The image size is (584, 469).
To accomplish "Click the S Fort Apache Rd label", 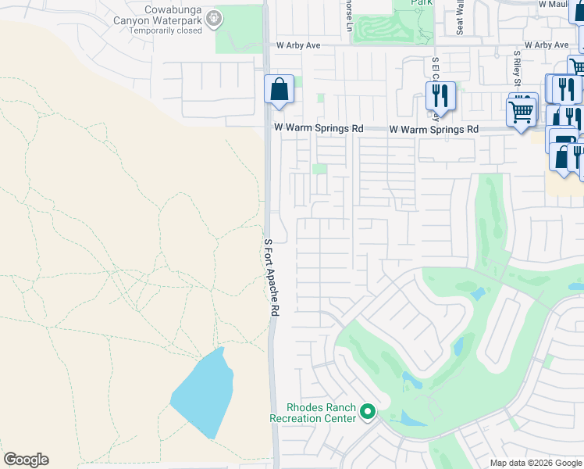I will click(x=271, y=277).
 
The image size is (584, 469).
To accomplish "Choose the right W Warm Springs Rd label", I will click(x=433, y=128).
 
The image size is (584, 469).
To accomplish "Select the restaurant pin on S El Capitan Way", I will click(x=440, y=96).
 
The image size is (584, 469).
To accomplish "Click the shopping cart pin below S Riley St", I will click(x=521, y=110).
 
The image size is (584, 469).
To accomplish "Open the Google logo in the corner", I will click(x=26, y=460).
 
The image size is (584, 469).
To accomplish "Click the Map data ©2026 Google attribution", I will click(x=535, y=463).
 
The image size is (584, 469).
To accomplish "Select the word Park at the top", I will click(x=424, y=4).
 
